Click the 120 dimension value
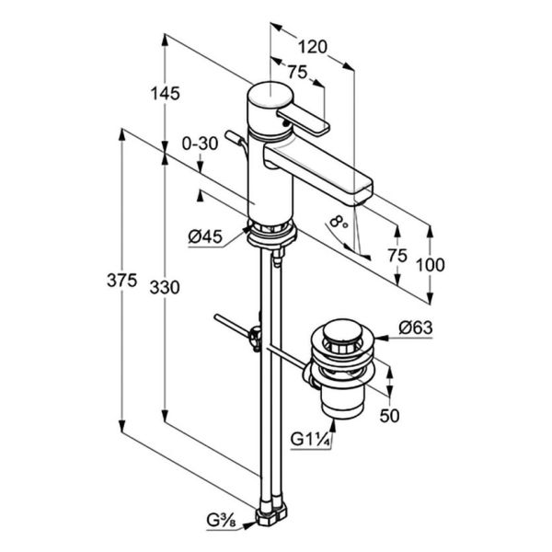tap(313, 47)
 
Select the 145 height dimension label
tap(165, 94)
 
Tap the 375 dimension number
tap(121, 281)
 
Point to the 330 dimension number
tap(165, 288)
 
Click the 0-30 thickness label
tap(200, 144)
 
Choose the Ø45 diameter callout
tap(205, 236)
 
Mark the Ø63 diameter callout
tap(416, 328)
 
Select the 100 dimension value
tap(431, 265)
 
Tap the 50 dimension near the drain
tap(390, 416)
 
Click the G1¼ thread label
tap(311, 440)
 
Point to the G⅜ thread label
tap(221, 521)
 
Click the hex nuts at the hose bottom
tap(271, 514)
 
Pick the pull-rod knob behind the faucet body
tap(233, 137)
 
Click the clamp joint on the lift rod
tap(256, 339)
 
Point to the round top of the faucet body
tap(270, 95)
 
